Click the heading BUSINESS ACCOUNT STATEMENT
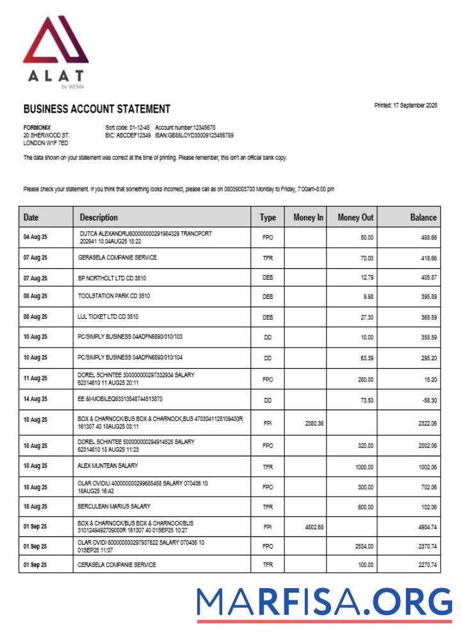coord(97,109)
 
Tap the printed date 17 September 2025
coord(406,106)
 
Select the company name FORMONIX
coord(37,128)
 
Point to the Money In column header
coord(308,218)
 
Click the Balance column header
coord(423,218)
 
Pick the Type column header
coord(268,218)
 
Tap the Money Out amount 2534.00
coord(362,547)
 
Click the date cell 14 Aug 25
coord(35,399)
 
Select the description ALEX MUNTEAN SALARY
coord(108,465)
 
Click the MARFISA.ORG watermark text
coord(324,602)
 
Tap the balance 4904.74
coord(425,527)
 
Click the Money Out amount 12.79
coord(365,278)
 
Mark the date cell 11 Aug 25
coord(35,379)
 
